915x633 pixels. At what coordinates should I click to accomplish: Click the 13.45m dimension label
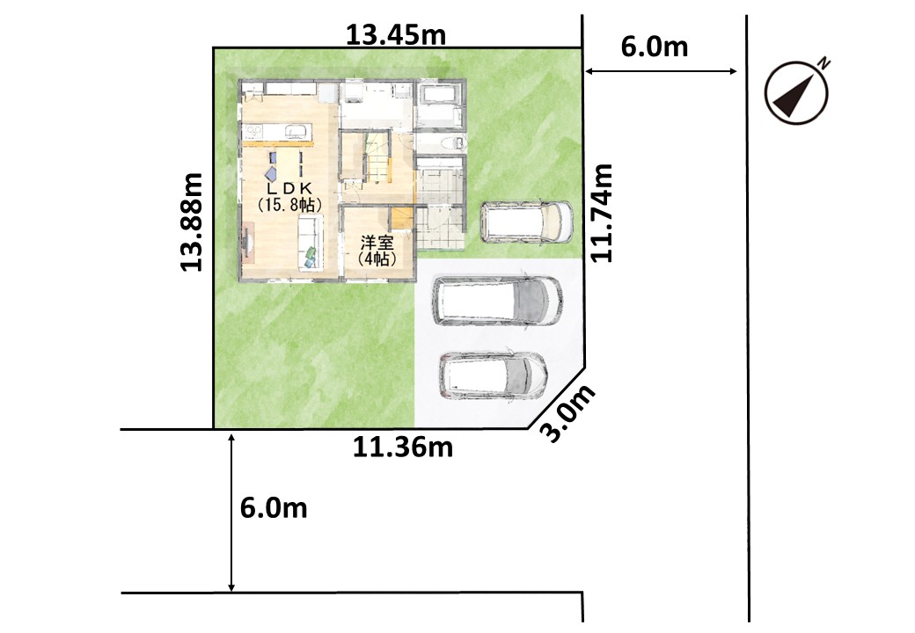pos(396,35)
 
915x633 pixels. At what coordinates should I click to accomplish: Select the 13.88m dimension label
pos(192,222)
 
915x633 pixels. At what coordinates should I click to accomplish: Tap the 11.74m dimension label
pos(602,213)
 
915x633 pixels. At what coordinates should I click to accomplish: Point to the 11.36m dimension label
pos(403,447)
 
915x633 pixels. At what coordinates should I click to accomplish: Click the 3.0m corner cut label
pos(568,413)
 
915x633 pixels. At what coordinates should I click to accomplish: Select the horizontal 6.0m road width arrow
pos(661,71)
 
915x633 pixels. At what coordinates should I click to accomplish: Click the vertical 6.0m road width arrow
pos(231,513)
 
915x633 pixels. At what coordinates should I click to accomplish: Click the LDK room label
pos(290,196)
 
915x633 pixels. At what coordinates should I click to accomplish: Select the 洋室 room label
pos(377,250)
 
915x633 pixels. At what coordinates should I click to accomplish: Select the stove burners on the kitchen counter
pos(253,131)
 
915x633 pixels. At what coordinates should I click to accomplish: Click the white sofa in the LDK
pos(311,242)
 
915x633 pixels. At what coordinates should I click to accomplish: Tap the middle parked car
pos(497,301)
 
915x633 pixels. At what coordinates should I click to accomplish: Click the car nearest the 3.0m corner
pos(493,376)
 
